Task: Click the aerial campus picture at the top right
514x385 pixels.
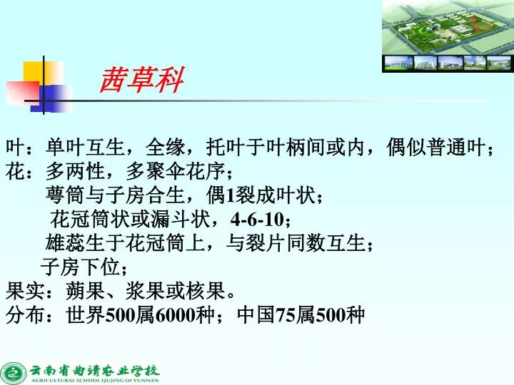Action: pos(447,36)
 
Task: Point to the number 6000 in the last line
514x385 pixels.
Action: pos(174,315)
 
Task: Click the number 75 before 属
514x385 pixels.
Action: pos(285,315)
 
